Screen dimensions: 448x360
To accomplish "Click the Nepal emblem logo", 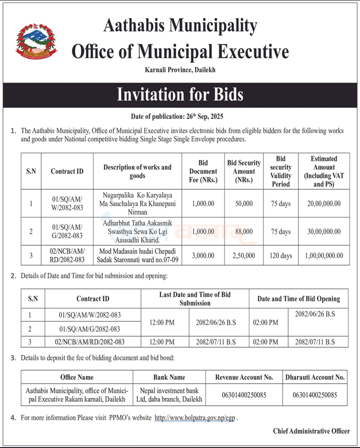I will coord(37,41).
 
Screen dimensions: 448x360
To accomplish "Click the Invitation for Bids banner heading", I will coord(180,94).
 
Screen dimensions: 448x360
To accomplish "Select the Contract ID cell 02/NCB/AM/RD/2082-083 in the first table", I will coord(67,256).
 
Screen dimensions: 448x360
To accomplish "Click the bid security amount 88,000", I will coord(244,231).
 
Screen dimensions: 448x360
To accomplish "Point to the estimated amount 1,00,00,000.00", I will coord(324,256).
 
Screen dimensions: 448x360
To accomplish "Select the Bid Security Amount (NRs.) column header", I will coord(244,171).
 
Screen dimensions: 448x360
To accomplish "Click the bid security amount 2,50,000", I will coord(244,256).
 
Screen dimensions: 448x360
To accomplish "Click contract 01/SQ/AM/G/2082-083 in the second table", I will coord(89,329).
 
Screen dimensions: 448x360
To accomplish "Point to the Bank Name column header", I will coord(169,377).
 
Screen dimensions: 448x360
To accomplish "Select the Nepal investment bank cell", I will coord(169,395).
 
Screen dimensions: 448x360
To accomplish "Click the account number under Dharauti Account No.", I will coord(315,395).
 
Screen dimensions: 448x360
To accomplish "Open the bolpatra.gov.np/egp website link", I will coord(196,418).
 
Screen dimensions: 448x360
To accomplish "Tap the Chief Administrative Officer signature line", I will coord(311,431).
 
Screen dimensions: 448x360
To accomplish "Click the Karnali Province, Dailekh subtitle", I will coord(180,71).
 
